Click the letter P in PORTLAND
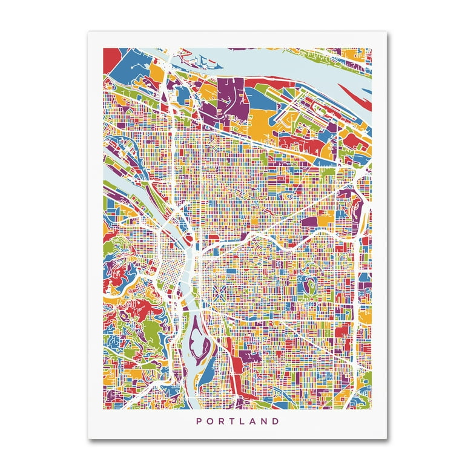pos(197,421)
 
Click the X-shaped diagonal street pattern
pos(219,298)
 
